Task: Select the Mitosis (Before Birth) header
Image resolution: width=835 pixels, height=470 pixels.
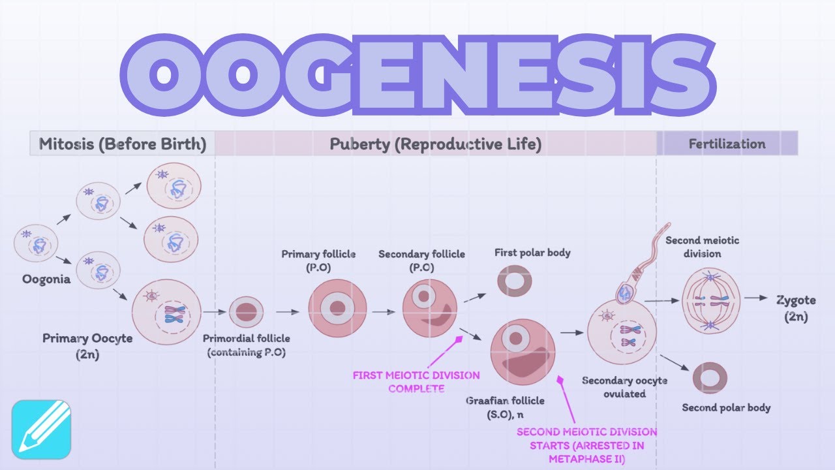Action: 123,144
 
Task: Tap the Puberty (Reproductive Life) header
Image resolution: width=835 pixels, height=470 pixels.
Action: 435,144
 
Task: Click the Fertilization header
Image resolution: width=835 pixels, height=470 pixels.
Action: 727,144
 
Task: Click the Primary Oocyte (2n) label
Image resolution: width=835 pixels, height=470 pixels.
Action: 87,345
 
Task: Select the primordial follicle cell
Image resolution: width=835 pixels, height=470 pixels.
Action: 246,312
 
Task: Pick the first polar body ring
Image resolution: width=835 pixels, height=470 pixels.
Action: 515,281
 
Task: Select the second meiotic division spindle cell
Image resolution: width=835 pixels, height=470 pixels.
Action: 710,301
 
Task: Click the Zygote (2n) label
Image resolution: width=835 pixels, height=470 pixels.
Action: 796,308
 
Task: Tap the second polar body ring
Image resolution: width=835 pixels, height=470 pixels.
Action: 710,378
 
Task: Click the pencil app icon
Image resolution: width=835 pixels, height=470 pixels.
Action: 41,429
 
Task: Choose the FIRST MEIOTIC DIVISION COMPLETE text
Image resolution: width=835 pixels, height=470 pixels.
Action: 416,382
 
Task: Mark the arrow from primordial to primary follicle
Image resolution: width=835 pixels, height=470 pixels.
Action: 287,312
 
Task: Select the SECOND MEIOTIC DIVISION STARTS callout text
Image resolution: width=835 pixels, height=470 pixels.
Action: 586,445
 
